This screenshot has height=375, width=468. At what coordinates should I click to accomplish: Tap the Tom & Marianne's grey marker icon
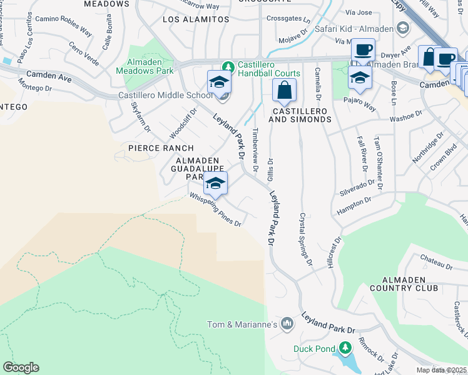point(287,323)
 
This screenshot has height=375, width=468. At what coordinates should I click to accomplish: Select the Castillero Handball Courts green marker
point(229,65)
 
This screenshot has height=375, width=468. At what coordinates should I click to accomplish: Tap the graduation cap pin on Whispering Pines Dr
point(215,183)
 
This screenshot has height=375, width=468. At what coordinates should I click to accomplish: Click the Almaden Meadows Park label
point(144,66)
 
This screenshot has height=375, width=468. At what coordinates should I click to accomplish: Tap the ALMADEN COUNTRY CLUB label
point(413,283)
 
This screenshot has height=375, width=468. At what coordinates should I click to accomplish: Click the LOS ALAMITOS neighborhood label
point(196,19)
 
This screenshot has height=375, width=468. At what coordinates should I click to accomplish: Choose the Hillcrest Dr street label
point(333,252)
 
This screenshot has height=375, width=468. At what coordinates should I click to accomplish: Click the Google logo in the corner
point(21,367)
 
